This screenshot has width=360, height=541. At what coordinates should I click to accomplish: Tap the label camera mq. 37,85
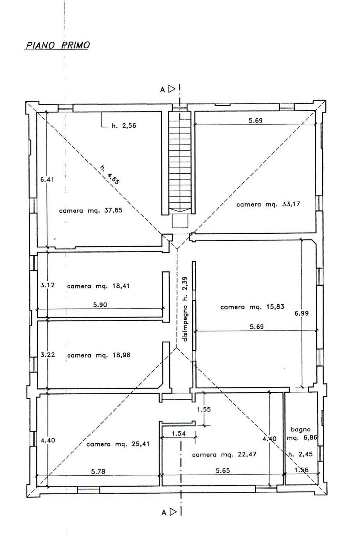[91, 210]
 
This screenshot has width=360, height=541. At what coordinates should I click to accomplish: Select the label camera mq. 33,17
[268, 204]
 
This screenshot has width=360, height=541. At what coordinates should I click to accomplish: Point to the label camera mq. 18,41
[98, 286]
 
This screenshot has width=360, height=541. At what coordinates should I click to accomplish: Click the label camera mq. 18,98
[99, 355]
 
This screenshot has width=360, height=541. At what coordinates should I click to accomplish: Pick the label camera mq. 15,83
[252, 307]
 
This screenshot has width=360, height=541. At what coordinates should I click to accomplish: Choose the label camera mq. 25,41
[118, 444]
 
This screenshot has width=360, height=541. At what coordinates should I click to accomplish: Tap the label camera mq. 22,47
[224, 454]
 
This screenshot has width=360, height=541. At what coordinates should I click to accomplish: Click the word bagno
[300, 430]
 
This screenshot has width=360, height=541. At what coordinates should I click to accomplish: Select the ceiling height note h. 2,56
[124, 126]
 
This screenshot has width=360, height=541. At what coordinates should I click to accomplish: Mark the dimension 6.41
[47, 180]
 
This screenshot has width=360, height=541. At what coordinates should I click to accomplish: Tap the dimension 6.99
[302, 313]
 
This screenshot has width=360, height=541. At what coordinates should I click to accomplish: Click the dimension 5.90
[100, 305]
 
